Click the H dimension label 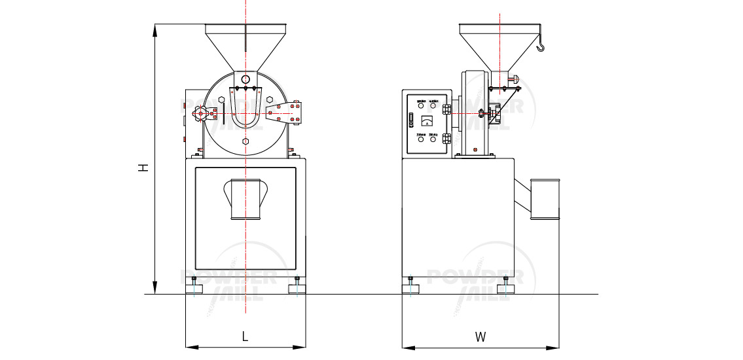click(143, 168)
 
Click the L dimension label click(245, 337)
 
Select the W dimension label click(480, 337)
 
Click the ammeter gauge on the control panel click(426, 120)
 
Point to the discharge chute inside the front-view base click(245, 198)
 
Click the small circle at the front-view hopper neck click(245, 79)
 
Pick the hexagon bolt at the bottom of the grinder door click(245, 141)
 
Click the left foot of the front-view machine click(194, 286)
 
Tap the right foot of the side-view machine click(505, 286)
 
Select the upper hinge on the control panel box click(446, 107)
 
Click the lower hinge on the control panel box click(446, 139)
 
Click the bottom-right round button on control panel click(433, 139)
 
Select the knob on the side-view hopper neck click(515, 79)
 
